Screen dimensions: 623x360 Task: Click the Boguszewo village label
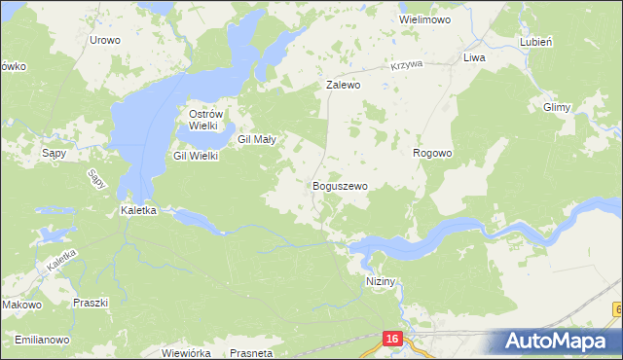(x=340, y=185)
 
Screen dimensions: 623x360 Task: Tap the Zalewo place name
(x=343, y=85)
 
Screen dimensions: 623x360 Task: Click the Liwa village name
(x=474, y=58)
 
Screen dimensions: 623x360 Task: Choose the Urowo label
(x=104, y=40)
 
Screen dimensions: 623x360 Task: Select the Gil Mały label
(x=258, y=139)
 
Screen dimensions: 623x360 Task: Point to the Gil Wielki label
(x=196, y=156)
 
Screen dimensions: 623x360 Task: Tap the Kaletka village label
(x=137, y=209)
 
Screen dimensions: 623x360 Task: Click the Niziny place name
(x=384, y=280)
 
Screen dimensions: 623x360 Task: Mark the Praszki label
(x=90, y=303)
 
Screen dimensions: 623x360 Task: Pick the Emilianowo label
(x=41, y=340)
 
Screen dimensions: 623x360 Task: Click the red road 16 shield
(x=391, y=338)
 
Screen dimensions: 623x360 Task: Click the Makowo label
(x=21, y=305)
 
